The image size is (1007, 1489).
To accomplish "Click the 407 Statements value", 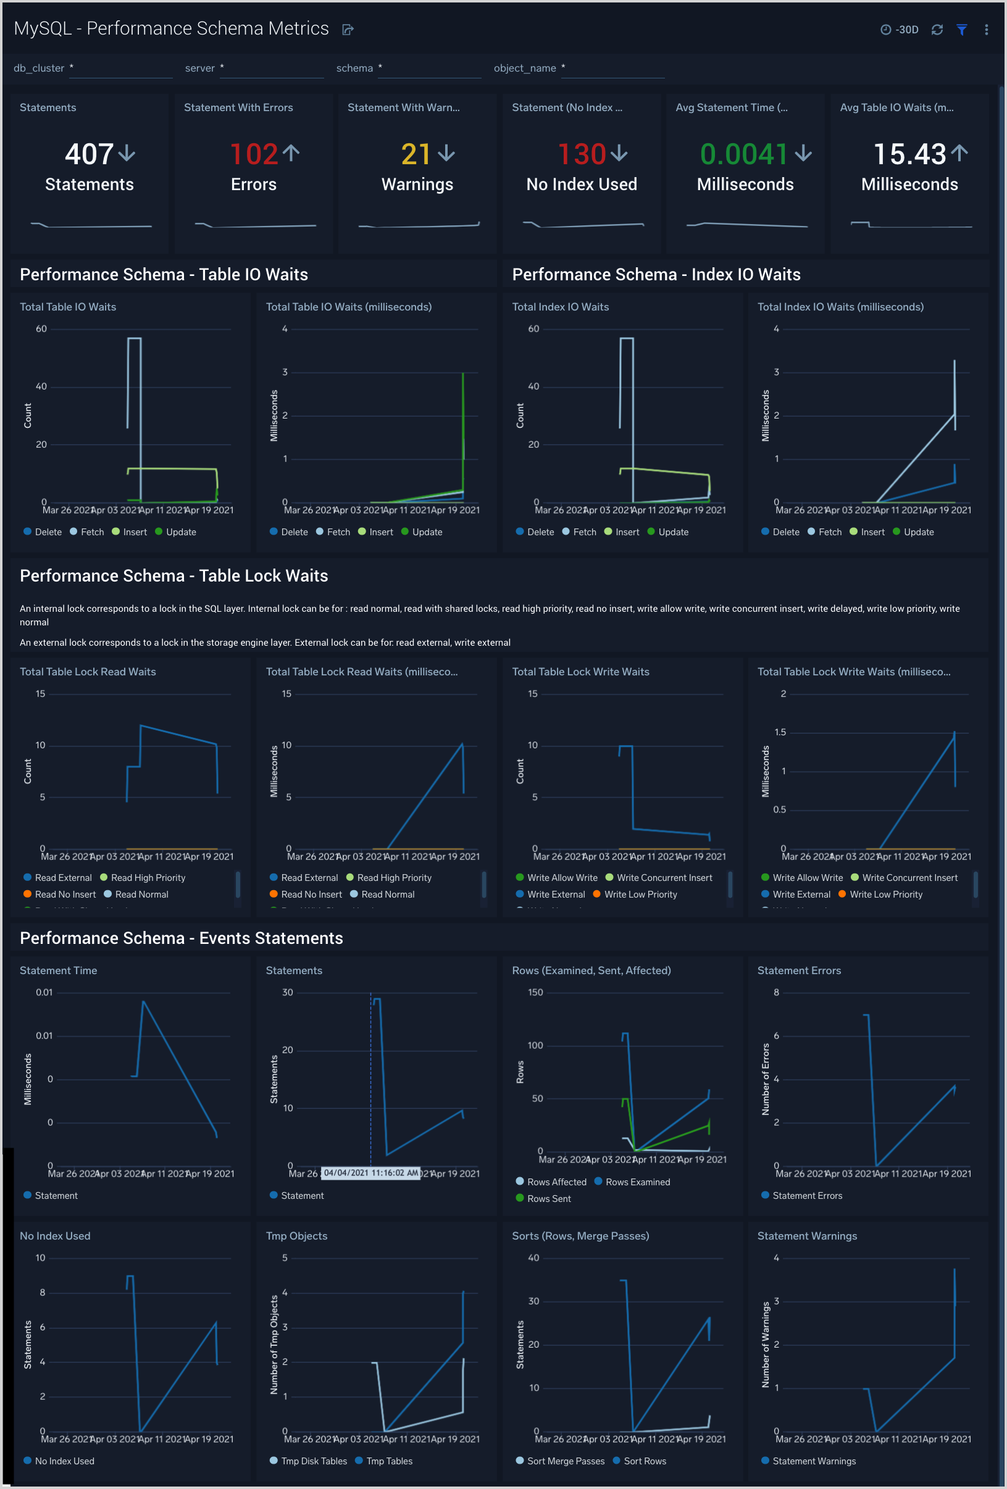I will (89, 154).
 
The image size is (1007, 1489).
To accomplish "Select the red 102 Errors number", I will (254, 154).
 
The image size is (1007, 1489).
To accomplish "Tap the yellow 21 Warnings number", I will (416, 154).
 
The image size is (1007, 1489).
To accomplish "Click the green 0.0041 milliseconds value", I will (743, 154).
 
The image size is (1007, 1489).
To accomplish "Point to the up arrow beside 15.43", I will (959, 153).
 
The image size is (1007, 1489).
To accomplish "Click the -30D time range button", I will (900, 30).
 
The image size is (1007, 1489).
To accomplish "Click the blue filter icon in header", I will (961, 30).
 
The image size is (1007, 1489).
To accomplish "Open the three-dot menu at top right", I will (986, 30).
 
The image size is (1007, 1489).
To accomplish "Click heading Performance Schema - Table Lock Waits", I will (173, 576).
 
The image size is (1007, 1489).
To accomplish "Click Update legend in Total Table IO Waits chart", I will (181, 532).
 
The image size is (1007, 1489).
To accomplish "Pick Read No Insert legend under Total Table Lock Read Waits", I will (65, 895).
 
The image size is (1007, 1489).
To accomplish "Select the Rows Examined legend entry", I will (637, 1182).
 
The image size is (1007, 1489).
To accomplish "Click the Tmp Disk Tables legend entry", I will (314, 1461).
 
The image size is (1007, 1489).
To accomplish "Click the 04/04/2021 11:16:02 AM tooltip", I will (370, 1173).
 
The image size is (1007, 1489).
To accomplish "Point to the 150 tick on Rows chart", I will (535, 993).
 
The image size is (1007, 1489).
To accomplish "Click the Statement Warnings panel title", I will (806, 1236).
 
